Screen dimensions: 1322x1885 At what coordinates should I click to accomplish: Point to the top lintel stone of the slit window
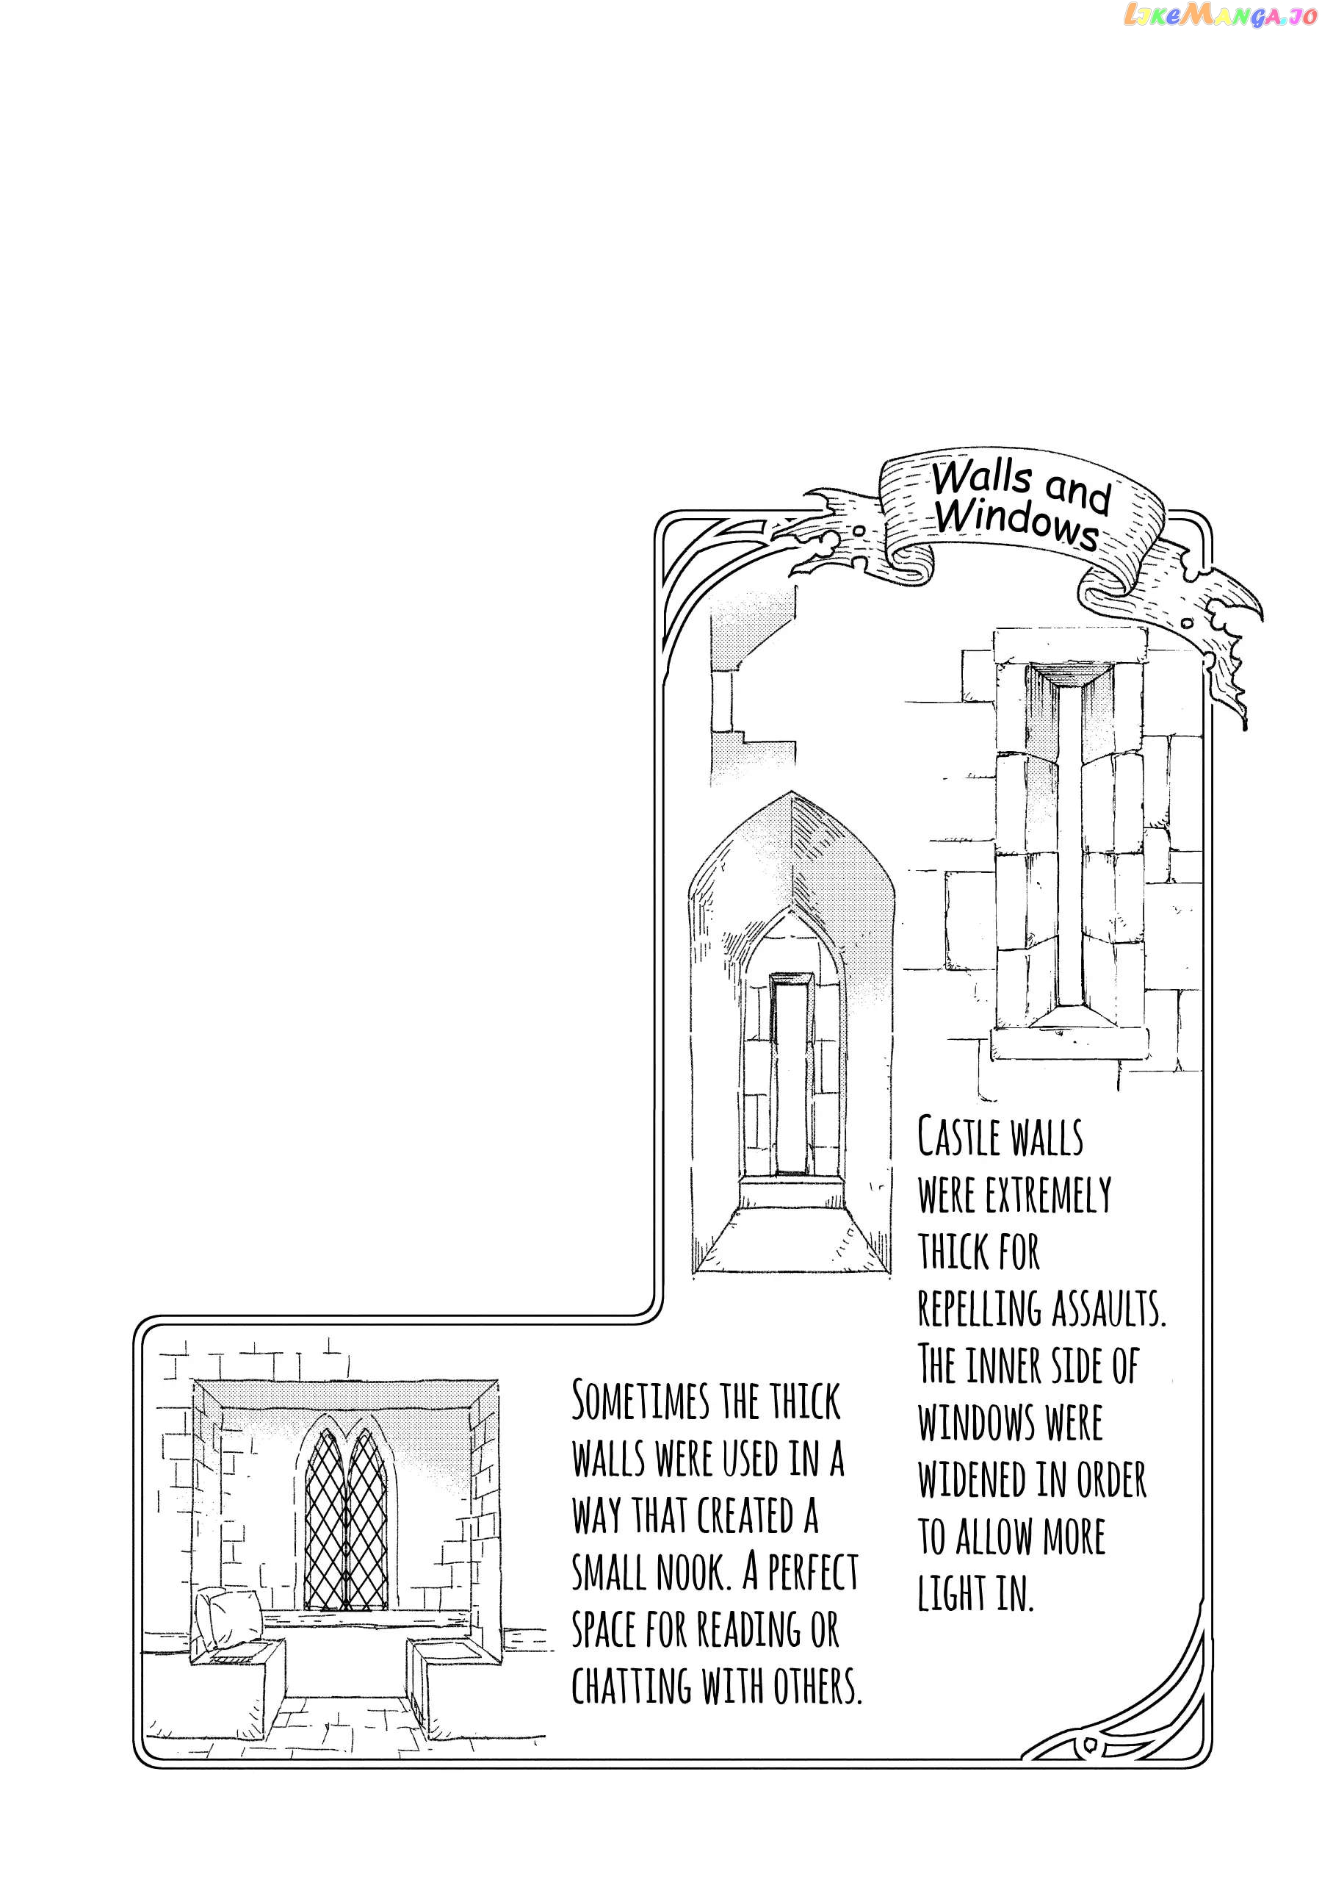1069,646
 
